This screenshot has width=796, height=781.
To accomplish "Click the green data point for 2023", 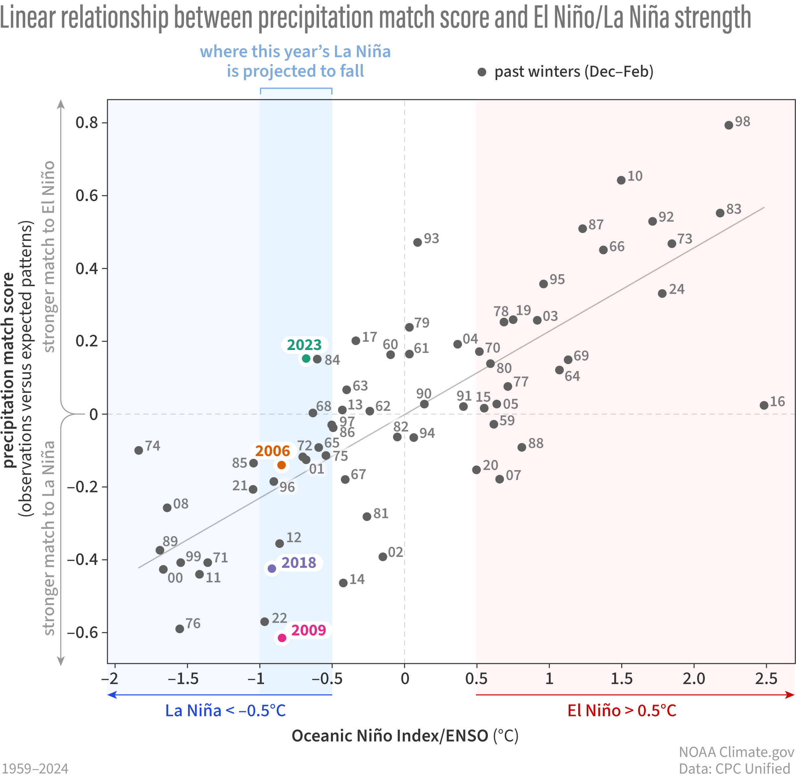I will [306, 359].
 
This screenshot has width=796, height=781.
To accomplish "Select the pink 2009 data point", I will [282, 638].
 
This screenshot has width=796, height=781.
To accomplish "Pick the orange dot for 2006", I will [281, 465].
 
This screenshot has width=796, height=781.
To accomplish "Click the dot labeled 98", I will [729, 125].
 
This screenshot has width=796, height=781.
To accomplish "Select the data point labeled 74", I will [139, 451].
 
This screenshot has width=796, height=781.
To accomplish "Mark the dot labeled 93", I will [418, 243].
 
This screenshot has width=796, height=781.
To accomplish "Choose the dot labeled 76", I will [180, 629].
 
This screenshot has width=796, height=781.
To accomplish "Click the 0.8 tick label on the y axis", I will [87, 123].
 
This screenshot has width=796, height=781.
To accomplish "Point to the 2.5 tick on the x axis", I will [766, 679].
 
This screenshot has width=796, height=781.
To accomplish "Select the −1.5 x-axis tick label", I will [183, 679].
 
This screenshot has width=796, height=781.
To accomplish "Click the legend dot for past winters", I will [482, 72].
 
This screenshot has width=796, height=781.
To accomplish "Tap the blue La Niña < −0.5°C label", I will [225, 711].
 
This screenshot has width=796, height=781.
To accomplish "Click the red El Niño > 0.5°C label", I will [622, 711].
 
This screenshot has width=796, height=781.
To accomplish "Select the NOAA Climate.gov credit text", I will [736, 752].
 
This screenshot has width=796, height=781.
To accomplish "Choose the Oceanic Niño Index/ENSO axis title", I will [405, 736].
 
